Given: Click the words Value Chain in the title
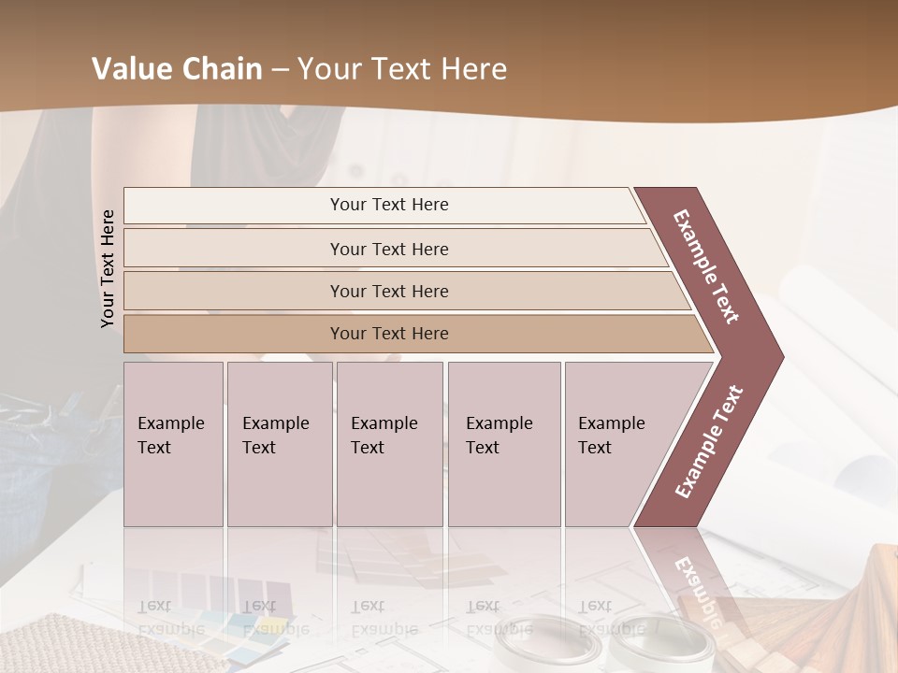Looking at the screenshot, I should point(177,69).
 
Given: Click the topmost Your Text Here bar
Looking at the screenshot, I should point(388,205).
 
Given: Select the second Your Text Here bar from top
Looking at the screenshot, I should point(388,249).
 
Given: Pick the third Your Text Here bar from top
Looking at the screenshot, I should point(388,291).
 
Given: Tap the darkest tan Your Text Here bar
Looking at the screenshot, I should point(388,334).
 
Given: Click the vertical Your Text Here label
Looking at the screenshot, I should point(108,268).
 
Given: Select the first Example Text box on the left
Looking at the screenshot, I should point(173,444).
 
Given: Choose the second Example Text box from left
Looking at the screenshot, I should point(279,444).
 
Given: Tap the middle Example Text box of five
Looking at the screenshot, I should point(389,444).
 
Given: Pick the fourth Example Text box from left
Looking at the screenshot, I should point(503,444).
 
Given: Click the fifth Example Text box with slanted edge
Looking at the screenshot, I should point(617,444).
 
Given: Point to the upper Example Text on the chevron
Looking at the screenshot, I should point(706,266).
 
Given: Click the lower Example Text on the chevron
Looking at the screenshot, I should point(708,442).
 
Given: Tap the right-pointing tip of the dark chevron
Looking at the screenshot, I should point(778,357).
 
